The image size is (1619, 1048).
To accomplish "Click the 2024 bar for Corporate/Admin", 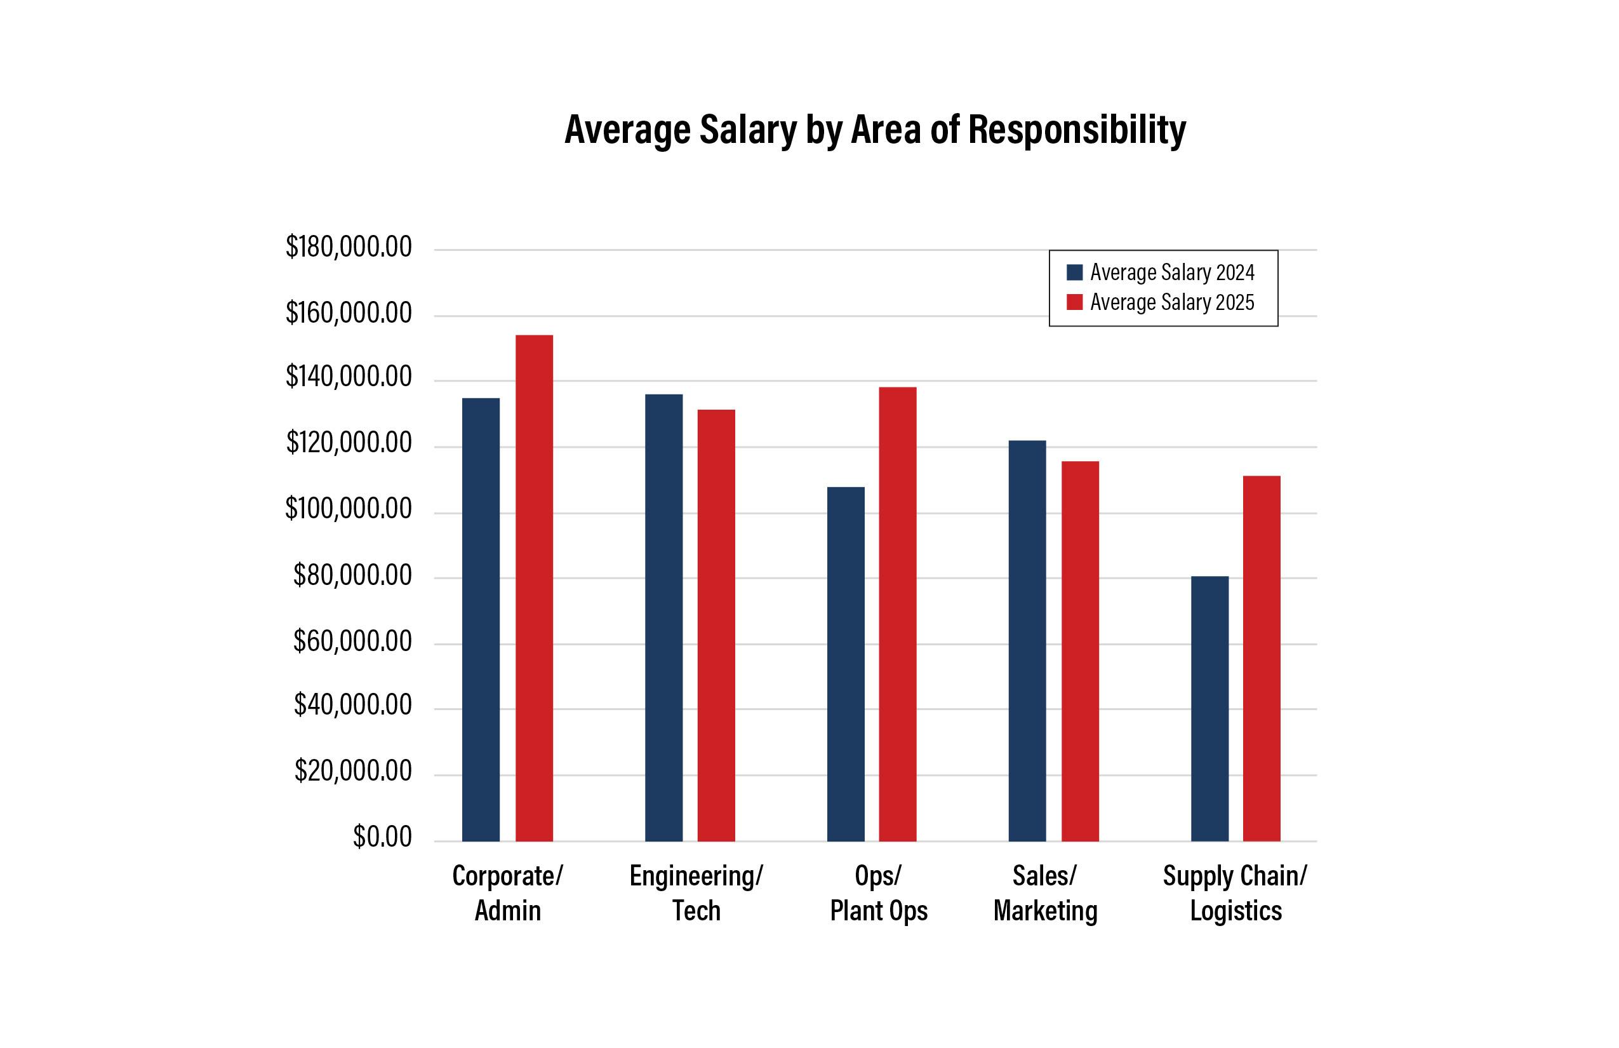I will [x=481, y=619].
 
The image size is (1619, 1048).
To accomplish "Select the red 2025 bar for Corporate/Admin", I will [x=534, y=588].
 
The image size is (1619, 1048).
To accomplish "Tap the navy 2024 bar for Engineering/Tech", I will [x=664, y=617].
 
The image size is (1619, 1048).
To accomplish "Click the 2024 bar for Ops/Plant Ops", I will [x=846, y=664].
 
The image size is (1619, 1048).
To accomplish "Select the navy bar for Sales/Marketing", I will [x=1027, y=640].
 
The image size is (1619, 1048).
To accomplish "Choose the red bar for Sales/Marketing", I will [x=1080, y=650].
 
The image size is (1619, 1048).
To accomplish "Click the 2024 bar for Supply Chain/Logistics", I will [x=1209, y=708].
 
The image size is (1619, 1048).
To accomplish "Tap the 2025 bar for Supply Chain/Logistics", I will [x=1262, y=658].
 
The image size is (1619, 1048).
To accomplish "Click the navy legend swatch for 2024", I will [x=1075, y=272].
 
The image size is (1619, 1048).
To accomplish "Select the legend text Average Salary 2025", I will [x=1172, y=302].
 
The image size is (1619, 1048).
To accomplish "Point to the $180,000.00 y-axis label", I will [x=349, y=246].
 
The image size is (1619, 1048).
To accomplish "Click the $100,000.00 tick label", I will [x=349, y=508].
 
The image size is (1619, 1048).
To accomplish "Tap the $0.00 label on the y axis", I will [x=382, y=836].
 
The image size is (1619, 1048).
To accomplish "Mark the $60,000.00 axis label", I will [x=352, y=641].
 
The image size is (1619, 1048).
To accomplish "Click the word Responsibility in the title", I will [x=1077, y=130].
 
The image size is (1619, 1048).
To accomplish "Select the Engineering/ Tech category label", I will [x=696, y=893].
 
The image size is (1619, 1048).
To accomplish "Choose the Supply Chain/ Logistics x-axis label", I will [x=1235, y=893].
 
